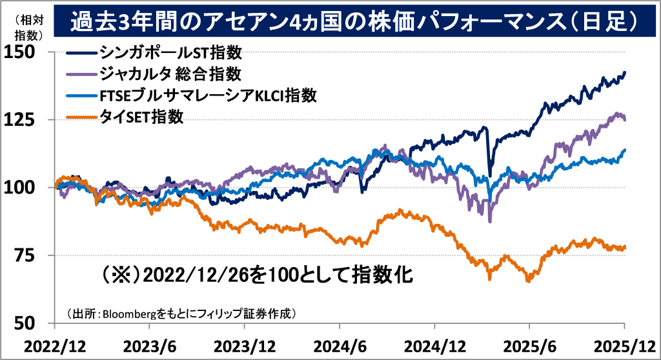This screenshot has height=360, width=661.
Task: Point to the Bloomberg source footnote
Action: (x=181, y=314)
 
